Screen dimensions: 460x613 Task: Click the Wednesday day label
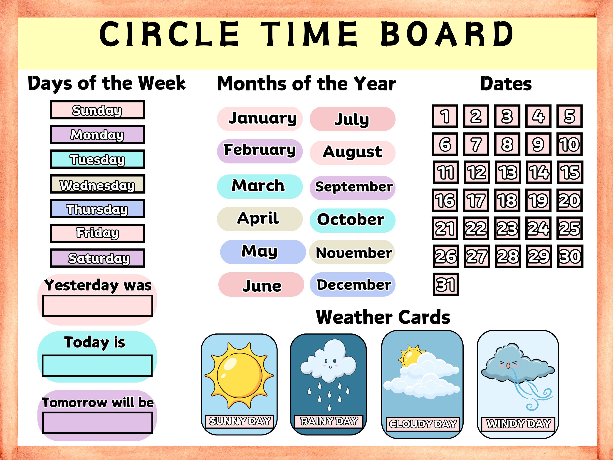[x=97, y=184]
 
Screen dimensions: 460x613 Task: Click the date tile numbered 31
[x=446, y=284]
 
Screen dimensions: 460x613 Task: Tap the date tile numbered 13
[x=508, y=172]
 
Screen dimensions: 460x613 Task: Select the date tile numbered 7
[x=476, y=144]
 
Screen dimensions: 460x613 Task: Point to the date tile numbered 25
[x=569, y=228]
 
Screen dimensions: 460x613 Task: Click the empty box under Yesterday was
[x=98, y=306]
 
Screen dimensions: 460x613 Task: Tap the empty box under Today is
[x=97, y=366]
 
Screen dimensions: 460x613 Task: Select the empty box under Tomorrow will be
[x=98, y=423]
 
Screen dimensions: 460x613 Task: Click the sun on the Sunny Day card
[x=239, y=375]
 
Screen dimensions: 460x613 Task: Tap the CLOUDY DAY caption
[x=423, y=424]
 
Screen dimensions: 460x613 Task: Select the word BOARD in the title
[x=447, y=34]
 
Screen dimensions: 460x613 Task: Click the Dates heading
[x=506, y=84]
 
